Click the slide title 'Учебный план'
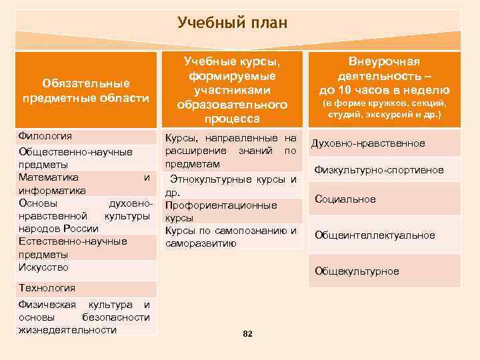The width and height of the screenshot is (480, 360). click(x=233, y=24)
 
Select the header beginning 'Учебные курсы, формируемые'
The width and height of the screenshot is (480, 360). click(x=232, y=89)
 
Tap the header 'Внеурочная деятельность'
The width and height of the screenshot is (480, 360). click(x=384, y=76)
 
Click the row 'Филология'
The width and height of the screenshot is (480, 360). click(x=45, y=137)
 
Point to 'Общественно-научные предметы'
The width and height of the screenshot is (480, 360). click(x=75, y=158)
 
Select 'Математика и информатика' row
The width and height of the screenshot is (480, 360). click(x=84, y=183)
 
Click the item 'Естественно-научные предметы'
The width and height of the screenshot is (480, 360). click(x=73, y=247)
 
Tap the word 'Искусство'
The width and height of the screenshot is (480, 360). click(x=44, y=268)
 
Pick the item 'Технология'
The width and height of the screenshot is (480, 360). click(x=47, y=288)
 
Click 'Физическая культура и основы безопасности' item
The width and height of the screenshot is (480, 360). click(x=84, y=317)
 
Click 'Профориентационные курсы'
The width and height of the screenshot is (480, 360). click(x=221, y=211)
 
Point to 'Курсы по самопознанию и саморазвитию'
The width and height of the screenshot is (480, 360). click(x=231, y=237)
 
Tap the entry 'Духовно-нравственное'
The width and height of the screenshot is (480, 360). click(x=369, y=143)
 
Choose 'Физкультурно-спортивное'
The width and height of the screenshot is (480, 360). click(x=379, y=171)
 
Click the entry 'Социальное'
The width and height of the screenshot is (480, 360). click(x=345, y=199)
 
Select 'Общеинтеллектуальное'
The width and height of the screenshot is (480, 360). click(x=375, y=235)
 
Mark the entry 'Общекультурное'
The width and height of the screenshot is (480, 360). click(x=357, y=271)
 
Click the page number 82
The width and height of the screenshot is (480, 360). click(x=247, y=333)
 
